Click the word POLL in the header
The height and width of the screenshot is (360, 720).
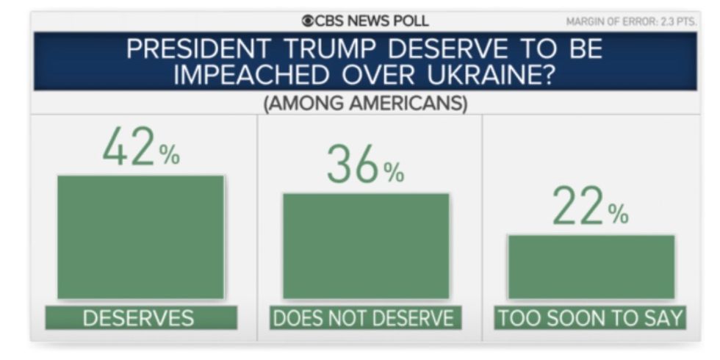[411, 21]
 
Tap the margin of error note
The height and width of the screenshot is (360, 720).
[630, 21]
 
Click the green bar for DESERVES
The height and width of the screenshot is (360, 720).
[140, 237]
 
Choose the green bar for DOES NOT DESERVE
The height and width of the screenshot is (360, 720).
[365, 246]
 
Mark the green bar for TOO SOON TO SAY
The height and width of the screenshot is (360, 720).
[591, 267]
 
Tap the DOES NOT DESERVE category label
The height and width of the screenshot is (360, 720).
[365, 318]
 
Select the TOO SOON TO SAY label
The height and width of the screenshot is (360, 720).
[590, 318]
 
